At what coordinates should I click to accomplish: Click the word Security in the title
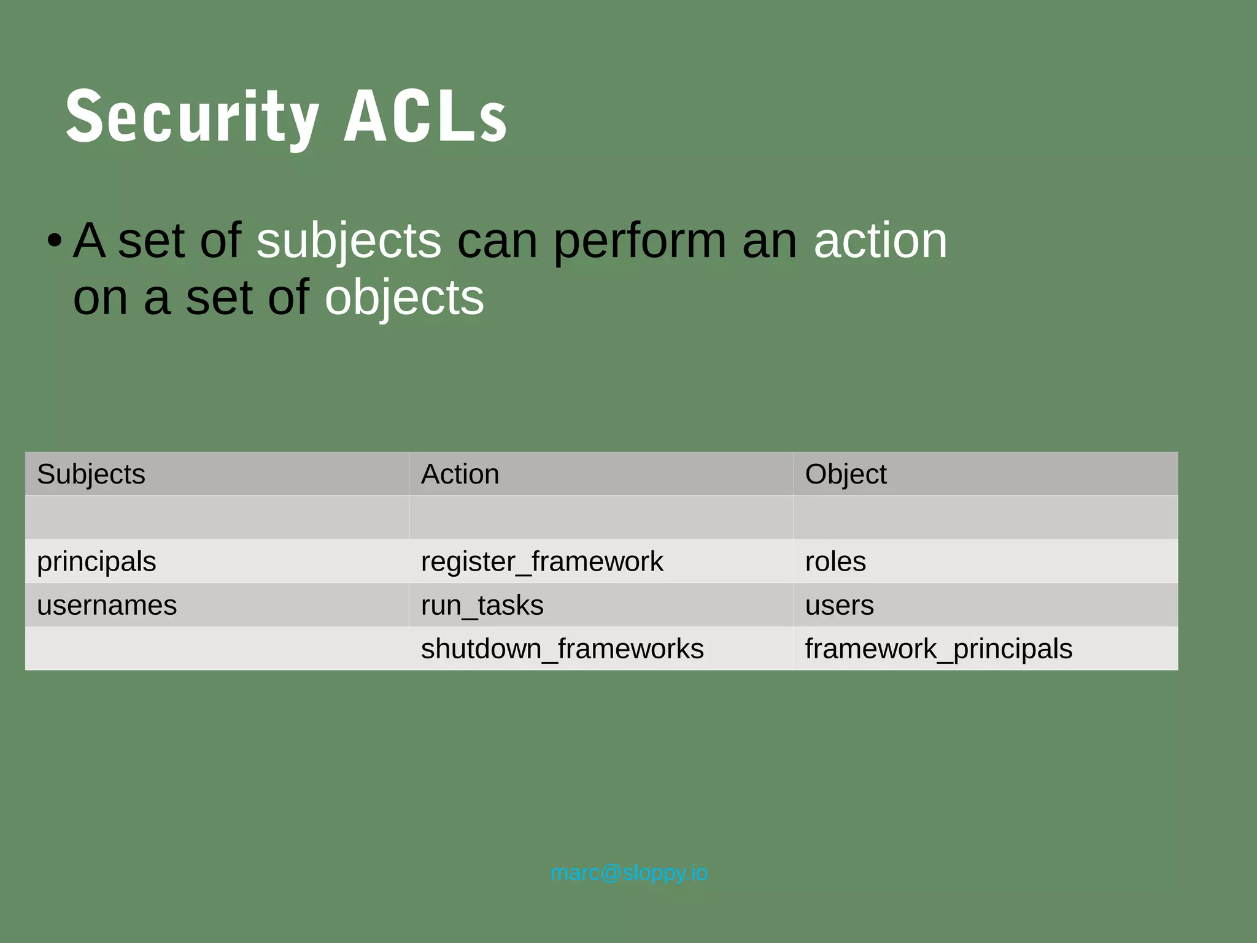pyautogui.click(x=192, y=117)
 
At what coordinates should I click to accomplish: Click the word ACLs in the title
pyautogui.click(x=425, y=117)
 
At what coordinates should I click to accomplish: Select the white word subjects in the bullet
pyautogui.click(x=348, y=241)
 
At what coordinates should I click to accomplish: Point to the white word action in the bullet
pyautogui.click(x=880, y=241)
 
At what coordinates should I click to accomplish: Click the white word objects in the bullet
pyautogui.click(x=404, y=298)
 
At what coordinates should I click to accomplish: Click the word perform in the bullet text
pyautogui.click(x=640, y=241)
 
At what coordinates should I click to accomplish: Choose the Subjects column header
pyautogui.click(x=91, y=474)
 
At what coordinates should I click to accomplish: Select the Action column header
pyautogui.click(x=460, y=474)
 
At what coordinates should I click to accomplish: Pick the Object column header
pyautogui.click(x=845, y=474)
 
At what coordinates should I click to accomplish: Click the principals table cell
pyautogui.click(x=96, y=561)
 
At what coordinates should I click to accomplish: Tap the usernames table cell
pyautogui.click(x=107, y=606)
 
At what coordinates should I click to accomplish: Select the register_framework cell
pyautogui.click(x=541, y=561)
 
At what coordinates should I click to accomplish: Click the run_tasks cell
pyautogui.click(x=482, y=606)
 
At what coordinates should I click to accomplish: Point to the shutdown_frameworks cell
pyautogui.click(x=562, y=649)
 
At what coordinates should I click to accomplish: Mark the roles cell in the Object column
pyautogui.click(x=835, y=561)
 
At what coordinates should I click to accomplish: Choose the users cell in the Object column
pyautogui.click(x=839, y=606)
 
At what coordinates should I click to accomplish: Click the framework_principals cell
pyautogui.click(x=938, y=649)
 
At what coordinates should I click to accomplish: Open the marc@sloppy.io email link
pyautogui.click(x=629, y=872)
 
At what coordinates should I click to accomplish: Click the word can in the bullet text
pyautogui.click(x=497, y=241)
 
